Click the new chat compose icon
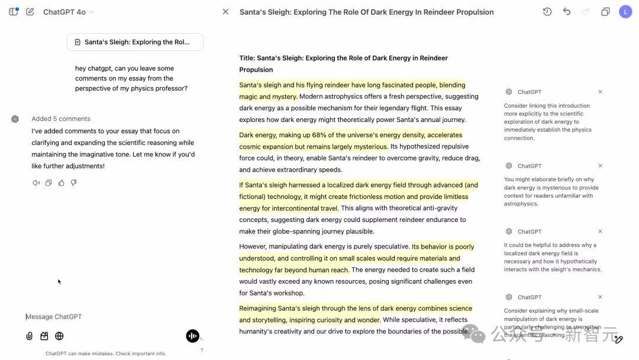click(30, 12)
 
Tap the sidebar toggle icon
click(14, 12)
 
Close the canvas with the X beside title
click(225, 12)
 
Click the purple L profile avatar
click(625, 12)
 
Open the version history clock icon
click(547, 12)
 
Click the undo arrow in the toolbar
click(567, 12)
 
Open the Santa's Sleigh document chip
click(135, 42)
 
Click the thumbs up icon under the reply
click(62, 183)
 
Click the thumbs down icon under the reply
click(74, 183)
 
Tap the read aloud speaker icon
click(36, 183)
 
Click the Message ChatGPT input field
click(101, 317)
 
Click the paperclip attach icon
click(29, 336)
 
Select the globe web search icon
click(59, 336)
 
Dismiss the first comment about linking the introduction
click(600, 92)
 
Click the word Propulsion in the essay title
click(256, 70)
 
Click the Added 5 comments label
click(61, 119)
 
